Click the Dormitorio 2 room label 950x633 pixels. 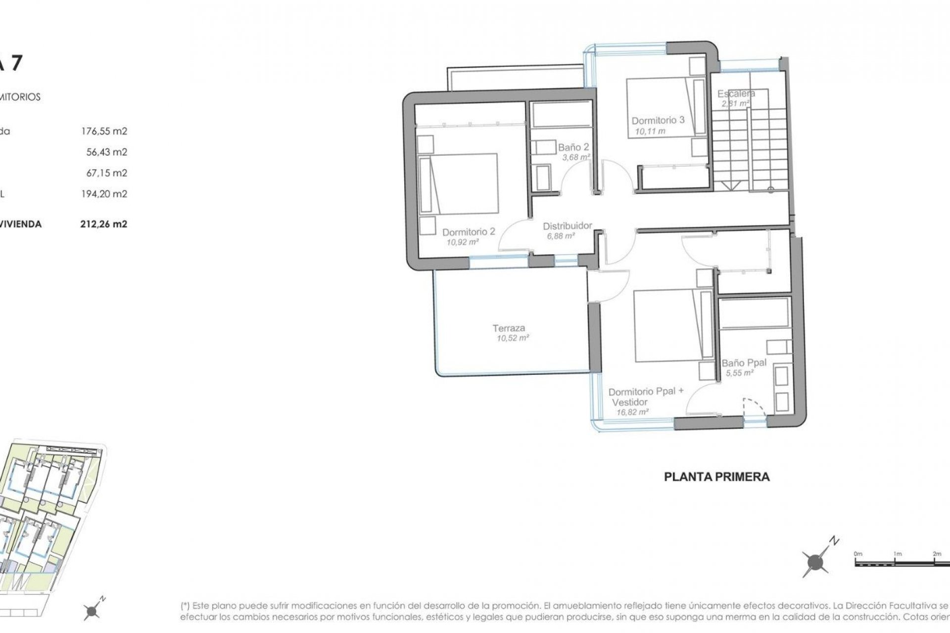pos(468,231)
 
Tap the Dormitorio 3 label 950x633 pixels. pos(658,120)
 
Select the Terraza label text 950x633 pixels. pos(509,328)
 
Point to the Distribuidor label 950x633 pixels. pos(567,226)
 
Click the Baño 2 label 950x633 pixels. pos(573,147)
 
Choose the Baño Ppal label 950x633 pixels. pos(744,362)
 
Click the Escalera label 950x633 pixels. pos(736,93)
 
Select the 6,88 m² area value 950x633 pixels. pos(561,236)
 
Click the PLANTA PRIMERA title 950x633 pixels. pos(716,477)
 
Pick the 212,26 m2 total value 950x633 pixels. pos(104,224)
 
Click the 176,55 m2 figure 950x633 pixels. pos(104,132)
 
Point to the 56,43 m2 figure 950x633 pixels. pos(106,152)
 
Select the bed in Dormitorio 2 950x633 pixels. pos(458,183)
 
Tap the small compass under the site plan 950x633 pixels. pos(93,611)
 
